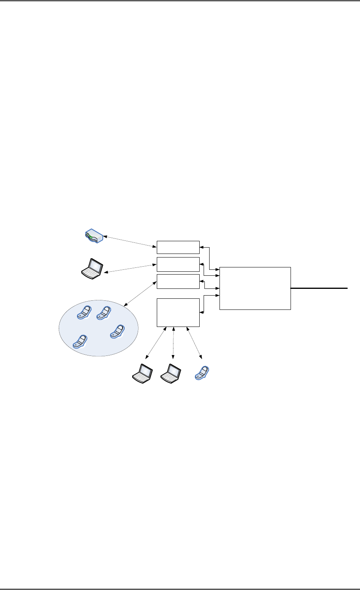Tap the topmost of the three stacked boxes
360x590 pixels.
[178, 247]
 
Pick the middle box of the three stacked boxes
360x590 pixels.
[178, 264]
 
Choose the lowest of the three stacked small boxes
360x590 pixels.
[178, 281]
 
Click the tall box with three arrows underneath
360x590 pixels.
[178, 313]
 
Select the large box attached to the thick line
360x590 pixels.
[255, 288]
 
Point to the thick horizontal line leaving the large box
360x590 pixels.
[320, 288]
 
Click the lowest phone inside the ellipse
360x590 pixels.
[80, 342]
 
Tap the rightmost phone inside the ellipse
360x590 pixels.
[117, 331]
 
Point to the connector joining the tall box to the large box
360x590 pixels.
[204, 304]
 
